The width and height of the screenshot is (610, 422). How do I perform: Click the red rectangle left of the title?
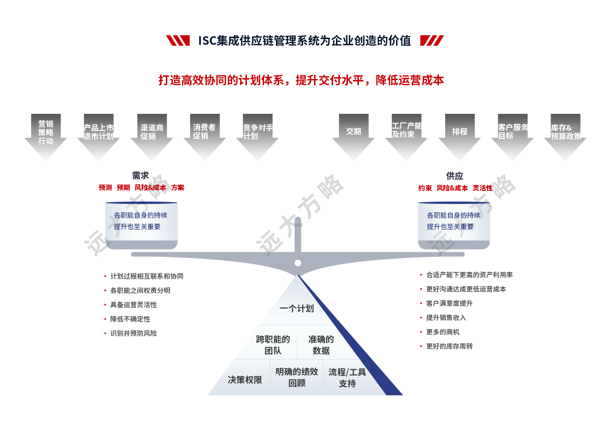[x=177, y=40]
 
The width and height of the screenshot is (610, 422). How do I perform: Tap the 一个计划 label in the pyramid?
[x=296, y=309]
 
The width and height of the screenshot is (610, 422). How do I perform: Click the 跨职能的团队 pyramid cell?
[x=273, y=345]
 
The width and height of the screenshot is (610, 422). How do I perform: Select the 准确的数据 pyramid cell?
[x=321, y=345]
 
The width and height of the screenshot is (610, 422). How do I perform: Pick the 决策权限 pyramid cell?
[x=245, y=380]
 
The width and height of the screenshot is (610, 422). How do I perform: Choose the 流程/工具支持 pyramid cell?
[x=347, y=378]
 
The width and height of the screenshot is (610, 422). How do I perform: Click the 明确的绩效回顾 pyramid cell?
[x=297, y=378]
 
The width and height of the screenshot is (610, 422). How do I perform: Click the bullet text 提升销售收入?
[x=446, y=318]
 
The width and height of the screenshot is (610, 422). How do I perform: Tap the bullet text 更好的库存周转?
[x=449, y=346]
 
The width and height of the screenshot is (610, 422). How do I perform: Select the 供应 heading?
[x=455, y=176]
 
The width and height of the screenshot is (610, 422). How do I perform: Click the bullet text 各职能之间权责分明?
[x=140, y=291]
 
